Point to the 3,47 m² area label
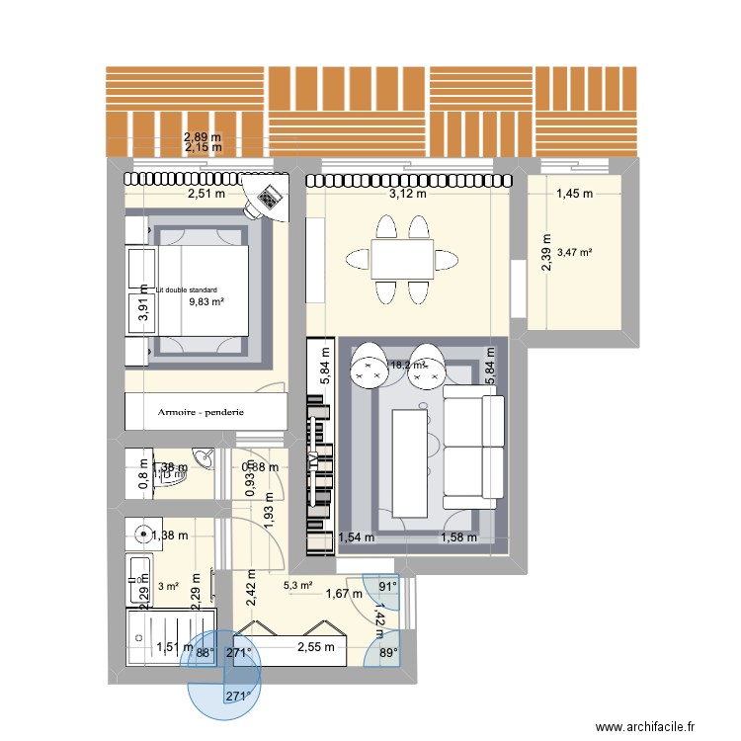[574, 253]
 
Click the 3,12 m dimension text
[408, 195]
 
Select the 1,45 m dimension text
[573, 195]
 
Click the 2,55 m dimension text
[317, 648]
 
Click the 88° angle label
[205, 652]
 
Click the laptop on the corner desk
[267, 201]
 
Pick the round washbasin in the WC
[205, 456]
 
